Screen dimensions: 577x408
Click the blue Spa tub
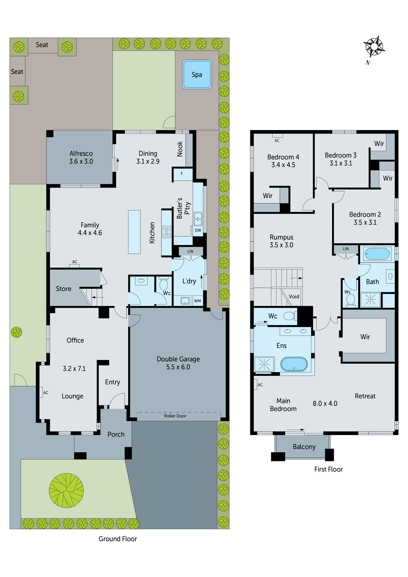point(197,74)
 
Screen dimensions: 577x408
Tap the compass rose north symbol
point(374,47)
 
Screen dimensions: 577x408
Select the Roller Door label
point(175,416)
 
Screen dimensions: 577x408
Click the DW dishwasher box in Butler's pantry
point(198,230)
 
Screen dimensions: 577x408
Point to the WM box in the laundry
point(197,301)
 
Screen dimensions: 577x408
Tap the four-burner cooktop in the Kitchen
point(166,232)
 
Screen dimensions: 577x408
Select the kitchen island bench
point(134,232)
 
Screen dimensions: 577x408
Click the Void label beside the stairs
point(294,297)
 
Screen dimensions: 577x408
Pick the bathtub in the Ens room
point(294,364)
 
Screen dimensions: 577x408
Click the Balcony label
point(304,447)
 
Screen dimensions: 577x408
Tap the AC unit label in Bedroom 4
point(277,140)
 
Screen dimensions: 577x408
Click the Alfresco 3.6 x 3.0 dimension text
point(81,161)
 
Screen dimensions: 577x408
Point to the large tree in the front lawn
point(66,490)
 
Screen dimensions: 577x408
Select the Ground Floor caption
point(118,539)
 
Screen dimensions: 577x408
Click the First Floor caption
point(328,469)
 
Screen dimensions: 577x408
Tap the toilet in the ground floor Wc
point(164,284)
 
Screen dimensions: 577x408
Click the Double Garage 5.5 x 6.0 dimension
point(178,367)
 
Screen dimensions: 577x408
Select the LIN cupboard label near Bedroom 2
point(346,249)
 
